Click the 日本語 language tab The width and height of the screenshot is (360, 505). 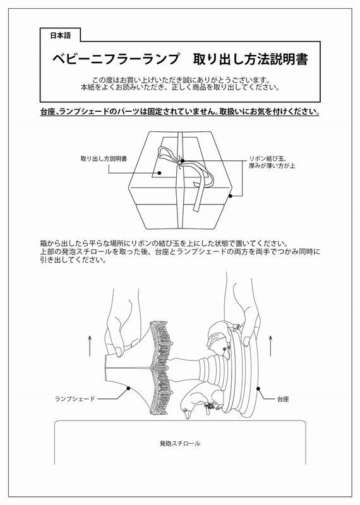point(60,35)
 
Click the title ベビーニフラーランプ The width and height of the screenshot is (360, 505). point(116,59)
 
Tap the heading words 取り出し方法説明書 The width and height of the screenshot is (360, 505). point(250,59)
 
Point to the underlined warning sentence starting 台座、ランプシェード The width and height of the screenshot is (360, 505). point(180,112)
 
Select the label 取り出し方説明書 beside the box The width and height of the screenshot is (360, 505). point(104,159)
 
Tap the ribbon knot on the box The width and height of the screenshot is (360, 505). point(181,161)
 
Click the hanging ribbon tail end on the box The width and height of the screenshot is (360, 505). point(196,208)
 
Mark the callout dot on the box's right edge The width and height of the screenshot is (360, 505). point(230,196)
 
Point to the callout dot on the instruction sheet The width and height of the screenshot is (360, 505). point(159,173)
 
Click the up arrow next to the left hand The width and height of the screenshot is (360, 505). point(90,345)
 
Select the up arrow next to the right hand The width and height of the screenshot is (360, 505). point(270,345)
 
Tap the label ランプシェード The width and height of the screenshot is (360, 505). point(75,399)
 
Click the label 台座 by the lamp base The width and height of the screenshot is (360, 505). point(283,399)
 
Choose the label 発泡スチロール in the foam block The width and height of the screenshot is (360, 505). point(180,444)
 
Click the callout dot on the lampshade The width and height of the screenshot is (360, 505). point(128,388)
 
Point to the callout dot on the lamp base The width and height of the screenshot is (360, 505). point(258,389)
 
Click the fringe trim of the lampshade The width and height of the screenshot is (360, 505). point(160,368)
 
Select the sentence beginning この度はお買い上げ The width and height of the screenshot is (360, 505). point(181,80)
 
